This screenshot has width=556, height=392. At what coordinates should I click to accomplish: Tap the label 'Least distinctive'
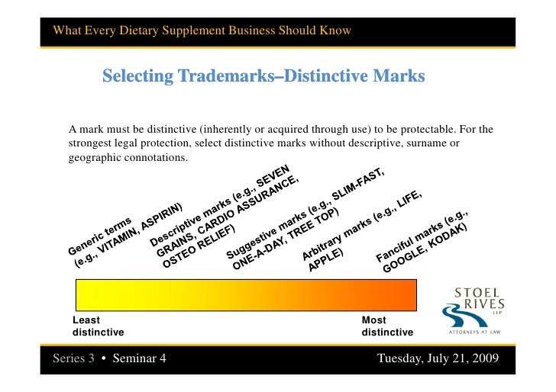97,326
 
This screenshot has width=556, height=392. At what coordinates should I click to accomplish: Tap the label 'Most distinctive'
386,326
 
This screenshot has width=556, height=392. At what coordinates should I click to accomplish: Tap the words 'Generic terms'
102,235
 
